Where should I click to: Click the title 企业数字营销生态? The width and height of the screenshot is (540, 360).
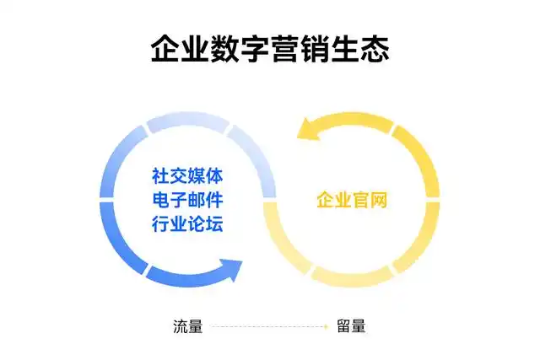(270, 48)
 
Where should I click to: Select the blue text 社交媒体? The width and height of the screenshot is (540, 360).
(187, 177)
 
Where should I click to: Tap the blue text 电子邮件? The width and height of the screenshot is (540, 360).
(187, 201)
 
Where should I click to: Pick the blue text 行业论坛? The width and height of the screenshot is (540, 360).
(187, 224)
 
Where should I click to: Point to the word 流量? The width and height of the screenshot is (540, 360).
(187, 326)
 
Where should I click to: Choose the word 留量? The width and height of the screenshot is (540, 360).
(351, 326)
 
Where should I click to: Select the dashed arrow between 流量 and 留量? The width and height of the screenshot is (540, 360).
(269, 326)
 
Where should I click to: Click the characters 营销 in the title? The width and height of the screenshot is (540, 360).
(285, 48)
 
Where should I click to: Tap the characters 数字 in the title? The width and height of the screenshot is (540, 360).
(225, 48)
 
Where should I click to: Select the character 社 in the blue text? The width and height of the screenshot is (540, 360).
(160, 177)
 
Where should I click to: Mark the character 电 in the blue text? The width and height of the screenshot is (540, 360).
(160, 201)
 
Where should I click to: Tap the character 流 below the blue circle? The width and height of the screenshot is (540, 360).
(180, 326)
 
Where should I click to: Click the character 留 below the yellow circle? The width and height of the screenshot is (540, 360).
(343, 326)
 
